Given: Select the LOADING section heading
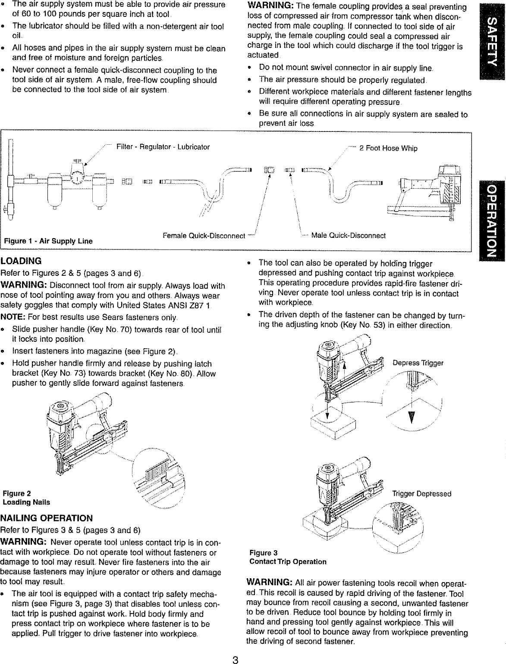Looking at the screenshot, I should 21,261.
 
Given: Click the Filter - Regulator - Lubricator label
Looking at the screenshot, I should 163,147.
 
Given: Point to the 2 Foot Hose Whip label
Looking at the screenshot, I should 388,148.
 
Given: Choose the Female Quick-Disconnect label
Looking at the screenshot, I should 204,236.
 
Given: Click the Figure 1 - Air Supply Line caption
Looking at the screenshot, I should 48,241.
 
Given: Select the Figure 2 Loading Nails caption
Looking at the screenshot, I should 26,498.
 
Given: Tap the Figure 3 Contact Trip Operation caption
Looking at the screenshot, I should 288,557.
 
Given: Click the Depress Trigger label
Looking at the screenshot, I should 418,363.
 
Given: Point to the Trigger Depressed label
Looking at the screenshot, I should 421,493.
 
